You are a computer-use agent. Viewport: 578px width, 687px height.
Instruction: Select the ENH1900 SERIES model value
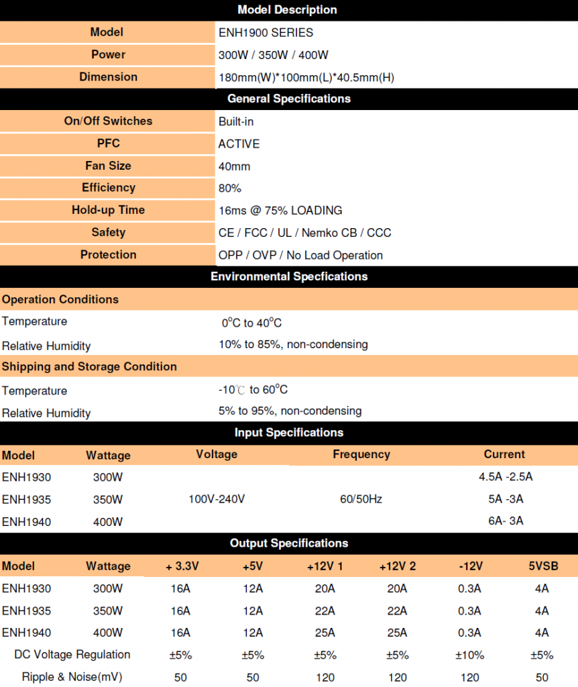tap(266, 32)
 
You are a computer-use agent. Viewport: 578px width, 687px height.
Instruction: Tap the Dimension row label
tap(108, 76)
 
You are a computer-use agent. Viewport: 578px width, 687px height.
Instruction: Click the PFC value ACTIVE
tap(239, 144)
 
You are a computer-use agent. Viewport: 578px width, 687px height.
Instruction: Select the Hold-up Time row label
tap(108, 210)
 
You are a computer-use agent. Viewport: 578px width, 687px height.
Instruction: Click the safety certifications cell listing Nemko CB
tap(304, 233)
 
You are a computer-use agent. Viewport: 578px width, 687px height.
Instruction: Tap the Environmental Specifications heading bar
tap(288, 276)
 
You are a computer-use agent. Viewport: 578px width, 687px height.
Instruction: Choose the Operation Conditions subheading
tap(60, 299)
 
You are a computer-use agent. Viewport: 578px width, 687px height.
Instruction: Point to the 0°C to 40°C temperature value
tap(251, 323)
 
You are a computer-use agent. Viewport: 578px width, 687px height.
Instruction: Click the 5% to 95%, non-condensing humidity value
tap(290, 411)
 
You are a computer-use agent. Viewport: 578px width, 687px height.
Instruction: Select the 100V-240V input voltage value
tap(217, 499)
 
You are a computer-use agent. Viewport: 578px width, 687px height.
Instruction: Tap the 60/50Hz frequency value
tap(361, 499)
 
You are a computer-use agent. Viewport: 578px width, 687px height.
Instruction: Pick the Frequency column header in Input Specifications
tap(361, 454)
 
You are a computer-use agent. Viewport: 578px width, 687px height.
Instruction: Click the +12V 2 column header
tap(397, 566)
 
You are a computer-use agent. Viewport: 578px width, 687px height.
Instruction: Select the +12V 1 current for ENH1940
tap(325, 632)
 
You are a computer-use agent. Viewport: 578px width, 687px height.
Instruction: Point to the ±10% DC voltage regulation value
tap(469, 655)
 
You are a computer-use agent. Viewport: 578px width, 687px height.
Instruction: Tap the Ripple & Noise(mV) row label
tap(72, 676)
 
